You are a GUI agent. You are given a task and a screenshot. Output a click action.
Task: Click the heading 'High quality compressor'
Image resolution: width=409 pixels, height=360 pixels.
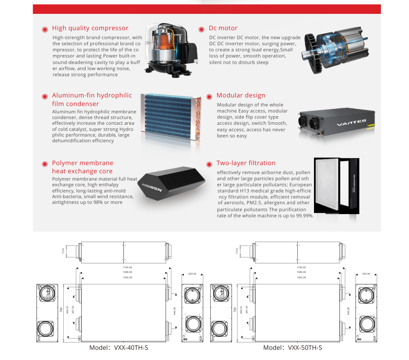coord(90,28)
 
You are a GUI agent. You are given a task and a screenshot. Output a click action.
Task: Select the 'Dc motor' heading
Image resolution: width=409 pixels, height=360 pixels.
coord(223,28)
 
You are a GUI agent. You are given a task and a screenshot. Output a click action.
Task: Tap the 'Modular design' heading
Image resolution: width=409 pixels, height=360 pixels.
coord(241,95)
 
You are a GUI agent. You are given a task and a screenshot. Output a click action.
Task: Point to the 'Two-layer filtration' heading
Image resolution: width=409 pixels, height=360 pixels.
coord(246,163)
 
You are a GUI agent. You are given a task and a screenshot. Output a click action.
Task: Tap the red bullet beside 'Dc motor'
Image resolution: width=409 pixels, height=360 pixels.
coord(201,29)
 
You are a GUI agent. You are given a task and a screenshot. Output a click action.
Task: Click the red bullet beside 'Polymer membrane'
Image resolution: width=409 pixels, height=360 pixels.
coord(45,164)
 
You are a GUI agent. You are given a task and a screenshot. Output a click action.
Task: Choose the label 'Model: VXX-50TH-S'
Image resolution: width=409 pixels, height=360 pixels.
coord(292,348)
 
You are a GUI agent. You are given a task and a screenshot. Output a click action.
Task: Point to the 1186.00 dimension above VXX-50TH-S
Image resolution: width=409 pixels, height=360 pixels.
coord(301,267)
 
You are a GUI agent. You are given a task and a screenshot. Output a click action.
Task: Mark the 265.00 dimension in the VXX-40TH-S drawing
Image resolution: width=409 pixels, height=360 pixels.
coord(193,274)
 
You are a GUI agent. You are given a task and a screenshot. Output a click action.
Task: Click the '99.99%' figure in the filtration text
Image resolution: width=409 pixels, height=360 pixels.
coord(304,216)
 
